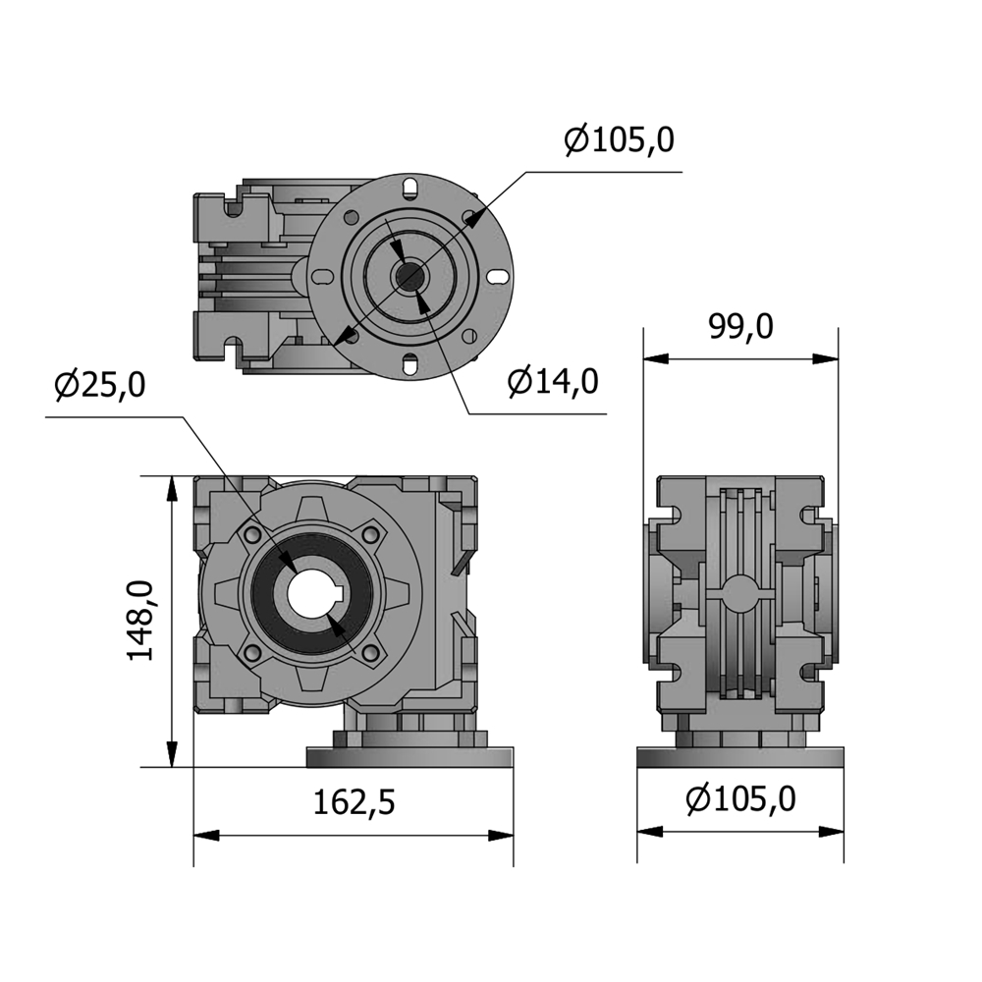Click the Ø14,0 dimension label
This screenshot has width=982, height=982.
[x=553, y=381]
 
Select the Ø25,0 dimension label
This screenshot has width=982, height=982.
[x=100, y=385]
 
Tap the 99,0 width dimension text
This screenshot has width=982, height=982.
[x=740, y=326]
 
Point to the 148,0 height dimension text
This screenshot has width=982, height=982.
[x=140, y=621]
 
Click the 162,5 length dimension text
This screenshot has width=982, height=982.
[x=354, y=802]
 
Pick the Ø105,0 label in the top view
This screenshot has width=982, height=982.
[x=620, y=139]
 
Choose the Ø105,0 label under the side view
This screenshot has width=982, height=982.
[x=740, y=799]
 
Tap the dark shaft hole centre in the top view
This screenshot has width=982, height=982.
[x=410, y=276]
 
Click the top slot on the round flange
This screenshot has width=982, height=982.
[x=410, y=188]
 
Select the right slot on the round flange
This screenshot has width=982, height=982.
[x=498, y=276]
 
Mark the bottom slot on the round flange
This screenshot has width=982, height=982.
[x=410, y=362]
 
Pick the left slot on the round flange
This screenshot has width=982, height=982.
[x=322, y=276]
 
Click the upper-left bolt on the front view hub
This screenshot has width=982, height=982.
[x=253, y=533]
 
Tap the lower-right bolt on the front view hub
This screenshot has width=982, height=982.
[x=372, y=653]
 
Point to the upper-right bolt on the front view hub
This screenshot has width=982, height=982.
[x=372, y=533]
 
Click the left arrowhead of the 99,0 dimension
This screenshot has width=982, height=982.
[x=656, y=358]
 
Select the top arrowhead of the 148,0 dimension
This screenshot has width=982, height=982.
[x=171, y=488]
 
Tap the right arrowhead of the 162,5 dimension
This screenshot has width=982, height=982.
[x=501, y=835]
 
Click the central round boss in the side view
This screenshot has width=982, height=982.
[x=740, y=591]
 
